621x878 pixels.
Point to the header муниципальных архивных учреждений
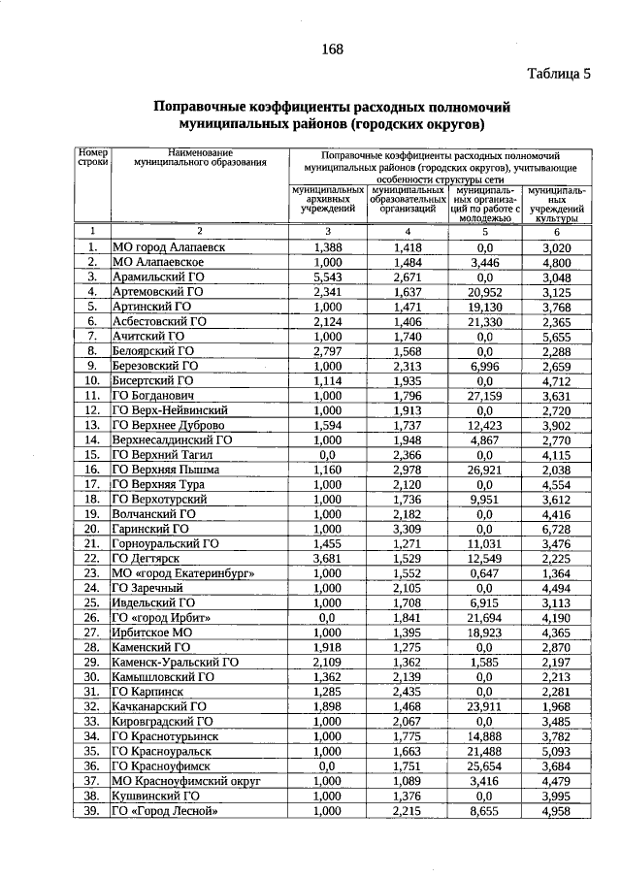click(329, 200)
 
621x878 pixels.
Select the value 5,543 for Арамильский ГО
click(329, 276)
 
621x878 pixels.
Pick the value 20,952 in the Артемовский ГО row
click(482, 291)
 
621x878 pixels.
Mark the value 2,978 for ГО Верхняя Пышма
click(408, 469)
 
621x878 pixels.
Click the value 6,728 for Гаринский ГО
click(556, 529)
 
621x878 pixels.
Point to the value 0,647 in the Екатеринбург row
click(482, 573)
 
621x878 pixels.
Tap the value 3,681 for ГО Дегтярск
click(329, 559)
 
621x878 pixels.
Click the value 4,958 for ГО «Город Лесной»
click(556, 810)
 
